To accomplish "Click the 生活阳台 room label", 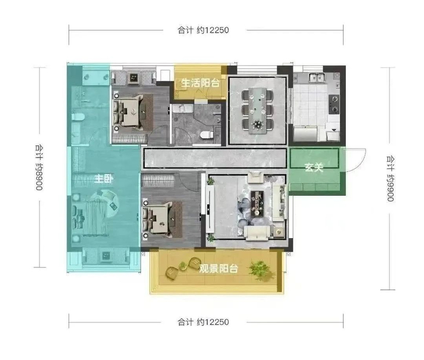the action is point(200,83).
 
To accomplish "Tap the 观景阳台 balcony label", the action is point(219,268).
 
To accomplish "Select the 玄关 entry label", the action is point(314,167).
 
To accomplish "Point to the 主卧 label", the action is point(104,179).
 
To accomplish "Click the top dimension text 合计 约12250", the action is point(203,30).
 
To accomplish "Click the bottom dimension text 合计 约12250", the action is point(203,322).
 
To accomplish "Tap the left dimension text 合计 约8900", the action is point(39,167).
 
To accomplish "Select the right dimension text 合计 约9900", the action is point(390,179).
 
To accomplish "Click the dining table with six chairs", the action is point(257,111).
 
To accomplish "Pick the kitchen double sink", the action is point(317,77).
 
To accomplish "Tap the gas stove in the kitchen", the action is point(334,104).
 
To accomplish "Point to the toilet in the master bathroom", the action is point(78,117).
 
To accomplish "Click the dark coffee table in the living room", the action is point(257,203).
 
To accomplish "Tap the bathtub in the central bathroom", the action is point(183,108).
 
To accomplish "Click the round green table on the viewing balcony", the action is point(183,267).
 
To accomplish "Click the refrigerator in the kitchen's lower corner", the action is point(305,134).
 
